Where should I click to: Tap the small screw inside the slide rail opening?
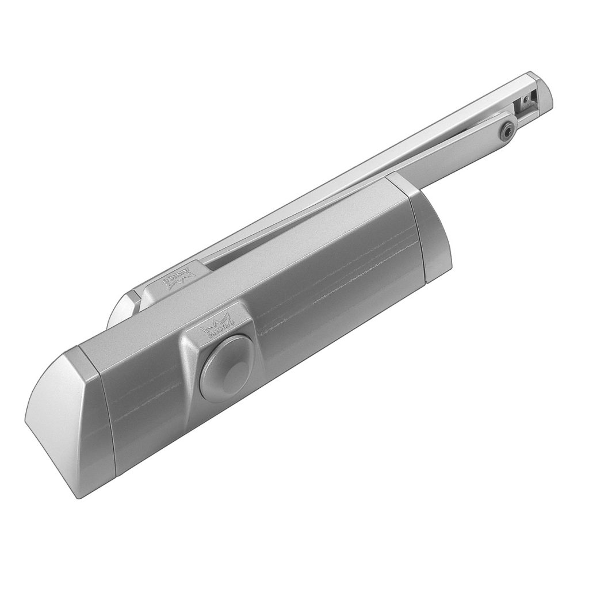[x=525, y=102]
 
